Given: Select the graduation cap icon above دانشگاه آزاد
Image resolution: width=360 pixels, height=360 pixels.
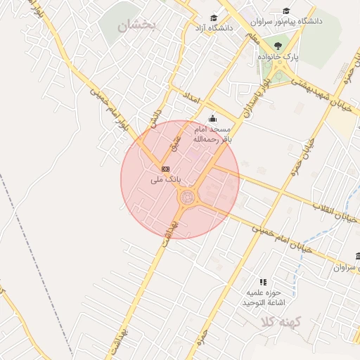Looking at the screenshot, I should point(213,18).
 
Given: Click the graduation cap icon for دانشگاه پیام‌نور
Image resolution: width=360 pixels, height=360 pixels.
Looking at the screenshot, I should point(286,11).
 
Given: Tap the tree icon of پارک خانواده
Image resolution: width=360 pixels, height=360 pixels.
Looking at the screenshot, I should point(276,45).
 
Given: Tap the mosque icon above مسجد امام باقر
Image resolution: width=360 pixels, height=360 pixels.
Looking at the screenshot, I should point(212,119).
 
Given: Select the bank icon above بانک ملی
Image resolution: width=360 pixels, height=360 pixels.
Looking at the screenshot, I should point(165,169).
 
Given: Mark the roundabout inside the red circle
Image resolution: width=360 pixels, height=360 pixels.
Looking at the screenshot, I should point(188,198).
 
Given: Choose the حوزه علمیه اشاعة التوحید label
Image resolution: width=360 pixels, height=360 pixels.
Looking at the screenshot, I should point(263,297).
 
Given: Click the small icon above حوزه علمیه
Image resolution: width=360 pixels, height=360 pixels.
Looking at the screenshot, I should point(263,281).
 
